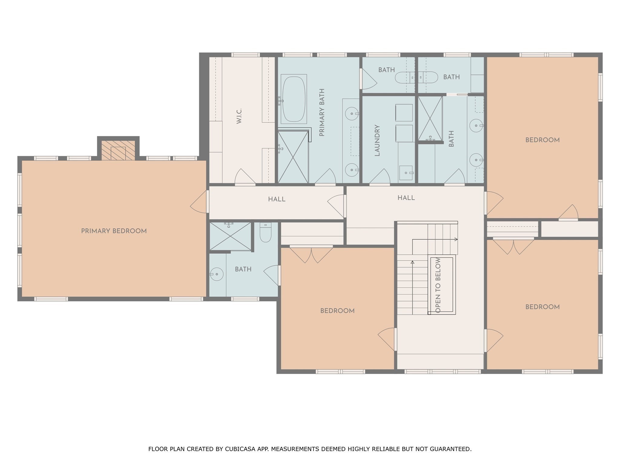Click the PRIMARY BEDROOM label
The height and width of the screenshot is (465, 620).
pos(114,231)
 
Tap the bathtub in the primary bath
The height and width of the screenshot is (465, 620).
pos(293,99)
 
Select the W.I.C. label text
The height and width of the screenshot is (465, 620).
pos(239,116)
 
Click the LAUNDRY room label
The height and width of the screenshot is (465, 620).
pos(377,140)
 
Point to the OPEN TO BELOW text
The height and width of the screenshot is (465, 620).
pos(438,285)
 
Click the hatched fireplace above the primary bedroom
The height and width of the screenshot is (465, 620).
pos(118,150)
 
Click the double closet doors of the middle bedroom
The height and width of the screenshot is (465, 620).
pos(311,254)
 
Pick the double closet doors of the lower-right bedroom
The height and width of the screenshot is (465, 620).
pos(513,246)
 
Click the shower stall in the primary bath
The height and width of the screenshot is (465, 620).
pos(293,157)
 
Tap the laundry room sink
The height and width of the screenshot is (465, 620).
pos(406,173)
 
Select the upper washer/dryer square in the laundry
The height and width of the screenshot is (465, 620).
pos(404,113)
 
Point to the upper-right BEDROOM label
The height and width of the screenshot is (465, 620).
pos(542,140)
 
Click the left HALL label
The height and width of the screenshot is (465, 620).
pos(276,199)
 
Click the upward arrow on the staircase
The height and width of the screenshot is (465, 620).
pos(412,262)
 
